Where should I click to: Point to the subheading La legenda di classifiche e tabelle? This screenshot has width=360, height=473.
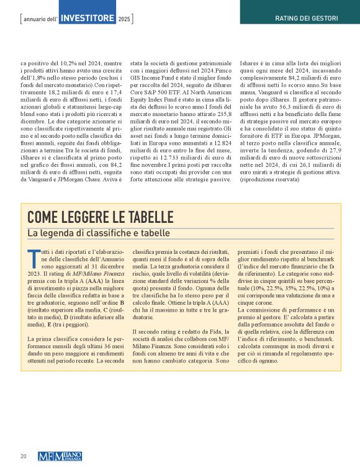98,233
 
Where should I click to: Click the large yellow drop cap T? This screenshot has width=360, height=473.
32,255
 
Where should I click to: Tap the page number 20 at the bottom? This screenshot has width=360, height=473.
22,456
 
